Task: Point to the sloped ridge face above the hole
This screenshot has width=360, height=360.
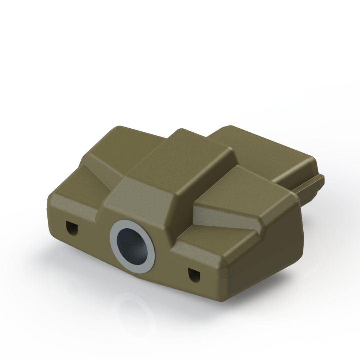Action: (140, 200)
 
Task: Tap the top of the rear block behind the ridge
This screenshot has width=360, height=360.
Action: (260, 147)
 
